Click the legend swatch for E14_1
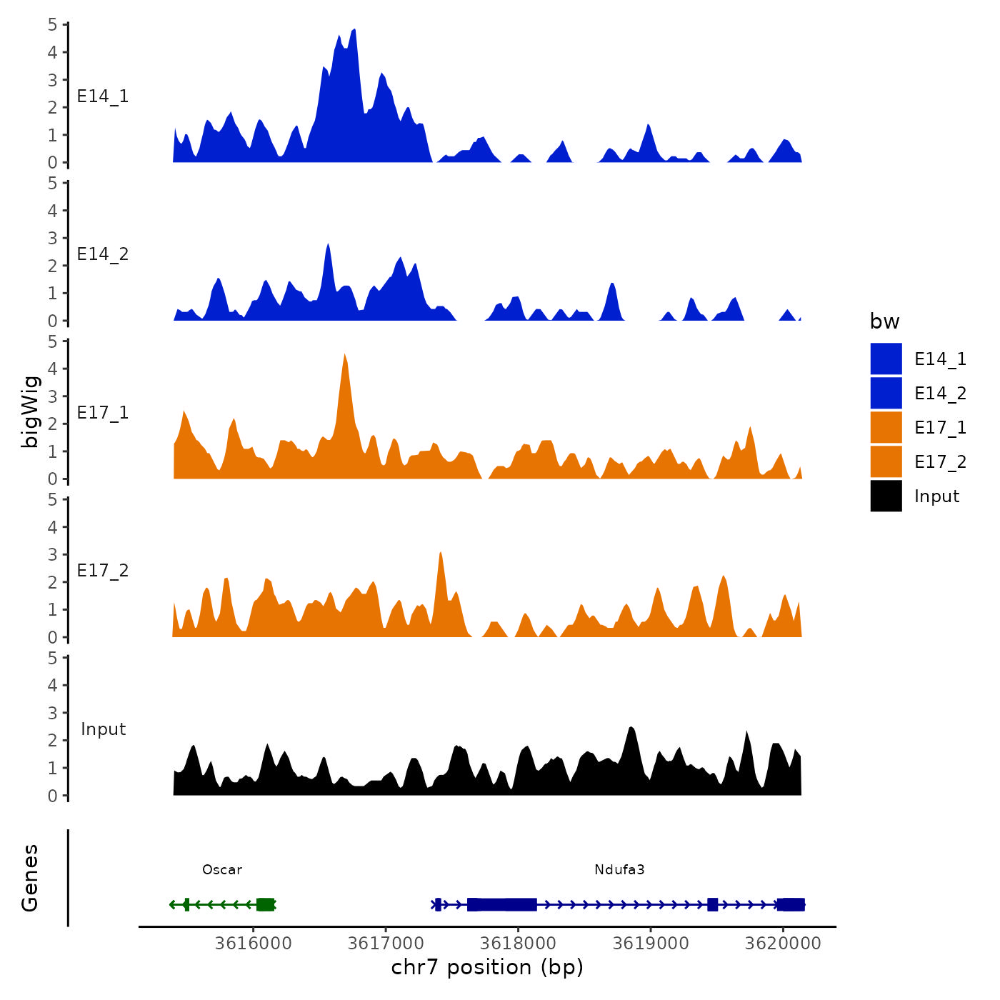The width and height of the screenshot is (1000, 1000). [886, 359]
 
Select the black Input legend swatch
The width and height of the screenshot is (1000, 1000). [886, 496]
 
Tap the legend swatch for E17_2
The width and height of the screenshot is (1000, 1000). [886, 461]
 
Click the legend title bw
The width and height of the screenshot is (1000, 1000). [884, 321]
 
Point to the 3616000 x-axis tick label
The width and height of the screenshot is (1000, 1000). [253, 944]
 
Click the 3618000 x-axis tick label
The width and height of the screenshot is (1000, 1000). [518, 944]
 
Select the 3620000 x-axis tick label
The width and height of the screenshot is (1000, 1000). [783, 944]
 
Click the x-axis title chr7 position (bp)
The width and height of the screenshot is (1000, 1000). [487, 967]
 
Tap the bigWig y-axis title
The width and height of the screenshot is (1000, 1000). [30, 411]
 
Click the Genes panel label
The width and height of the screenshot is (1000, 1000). [30, 878]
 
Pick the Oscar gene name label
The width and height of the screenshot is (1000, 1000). [222, 869]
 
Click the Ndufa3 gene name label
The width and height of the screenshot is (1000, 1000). [619, 869]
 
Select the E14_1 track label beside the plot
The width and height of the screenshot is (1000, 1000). [103, 96]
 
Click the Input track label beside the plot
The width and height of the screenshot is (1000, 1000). [103, 729]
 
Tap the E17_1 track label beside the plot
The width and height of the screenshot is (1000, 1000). [103, 413]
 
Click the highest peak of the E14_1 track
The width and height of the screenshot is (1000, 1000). [354, 31]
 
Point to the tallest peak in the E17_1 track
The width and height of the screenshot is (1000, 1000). [345, 356]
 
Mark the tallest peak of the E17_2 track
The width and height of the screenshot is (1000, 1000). [441, 554]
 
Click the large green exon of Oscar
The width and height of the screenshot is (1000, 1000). [266, 904]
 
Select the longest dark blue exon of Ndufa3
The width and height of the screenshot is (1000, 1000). [502, 904]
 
